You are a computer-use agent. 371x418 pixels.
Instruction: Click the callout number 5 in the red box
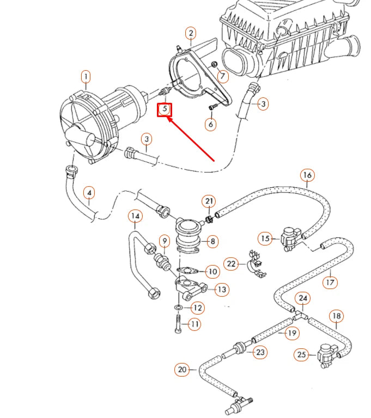165,110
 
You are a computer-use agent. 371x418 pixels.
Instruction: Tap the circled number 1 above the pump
86,77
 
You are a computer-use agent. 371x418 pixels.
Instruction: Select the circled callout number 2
190,34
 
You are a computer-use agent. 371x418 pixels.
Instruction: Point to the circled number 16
307,175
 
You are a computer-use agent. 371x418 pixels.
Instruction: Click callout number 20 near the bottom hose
182,370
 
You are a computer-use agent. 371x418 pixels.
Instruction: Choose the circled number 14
136,217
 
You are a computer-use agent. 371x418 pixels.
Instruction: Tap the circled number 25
301,355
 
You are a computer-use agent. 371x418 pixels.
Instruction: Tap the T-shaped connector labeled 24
299,315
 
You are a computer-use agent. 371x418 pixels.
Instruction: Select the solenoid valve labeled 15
289,237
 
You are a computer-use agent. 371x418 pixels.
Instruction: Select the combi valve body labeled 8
188,235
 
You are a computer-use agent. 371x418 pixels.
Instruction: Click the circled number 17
330,282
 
